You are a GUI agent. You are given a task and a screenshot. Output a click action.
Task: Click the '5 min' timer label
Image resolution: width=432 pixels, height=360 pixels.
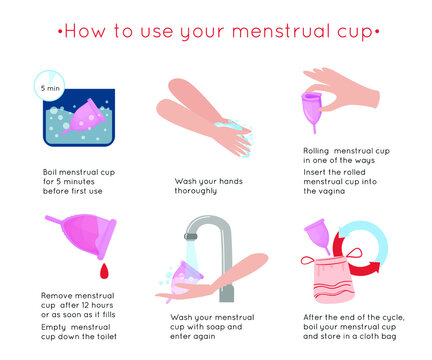click(49, 88)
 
